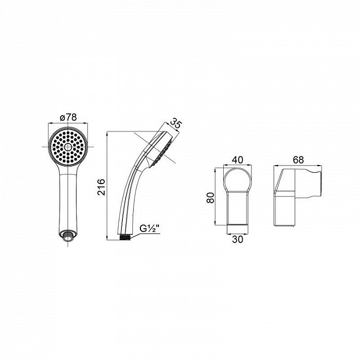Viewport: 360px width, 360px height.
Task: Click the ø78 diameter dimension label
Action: coord(68,118)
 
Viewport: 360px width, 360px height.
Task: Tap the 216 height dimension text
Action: coord(101,187)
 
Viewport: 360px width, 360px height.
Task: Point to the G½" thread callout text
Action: coord(150,229)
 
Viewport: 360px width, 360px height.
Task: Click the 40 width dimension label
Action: coord(238,160)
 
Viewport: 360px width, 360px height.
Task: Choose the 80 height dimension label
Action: coord(210,197)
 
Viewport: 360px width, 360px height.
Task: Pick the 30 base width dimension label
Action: coord(238,240)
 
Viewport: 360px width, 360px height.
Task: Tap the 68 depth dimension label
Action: coord(298,160)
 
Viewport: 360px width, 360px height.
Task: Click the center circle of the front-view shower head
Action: coord(68,147)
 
